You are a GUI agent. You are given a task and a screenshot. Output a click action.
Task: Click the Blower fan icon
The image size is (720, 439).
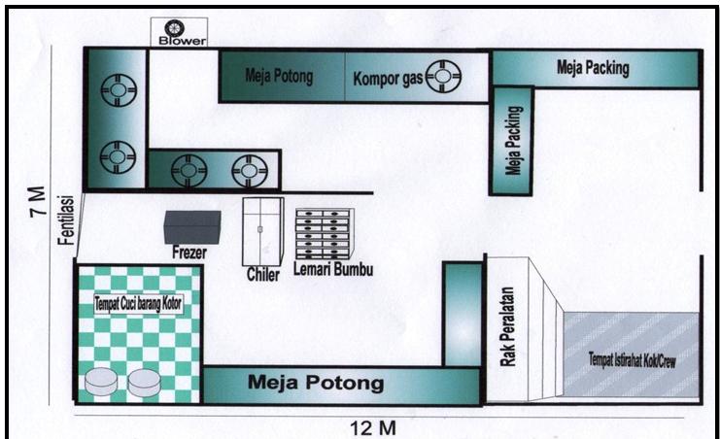pos(175,27)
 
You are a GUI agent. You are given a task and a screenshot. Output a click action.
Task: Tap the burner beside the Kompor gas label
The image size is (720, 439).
pos(443,76)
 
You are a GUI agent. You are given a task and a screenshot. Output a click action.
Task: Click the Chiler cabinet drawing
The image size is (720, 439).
pos(261,231)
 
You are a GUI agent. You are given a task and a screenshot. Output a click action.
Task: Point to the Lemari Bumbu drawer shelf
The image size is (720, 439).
pos(322,233)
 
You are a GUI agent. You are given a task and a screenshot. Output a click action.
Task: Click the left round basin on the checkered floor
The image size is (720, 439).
pos(101,382)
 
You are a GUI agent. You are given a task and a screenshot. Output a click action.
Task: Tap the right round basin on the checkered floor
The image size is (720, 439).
pos(146,382)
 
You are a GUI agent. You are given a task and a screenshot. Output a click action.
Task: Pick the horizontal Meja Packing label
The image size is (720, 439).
pos(593,68)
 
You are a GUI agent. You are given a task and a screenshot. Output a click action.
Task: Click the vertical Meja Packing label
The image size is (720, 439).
pos(512,146)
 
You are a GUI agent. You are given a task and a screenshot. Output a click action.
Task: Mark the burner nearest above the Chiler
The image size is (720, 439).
pos(249,171)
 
